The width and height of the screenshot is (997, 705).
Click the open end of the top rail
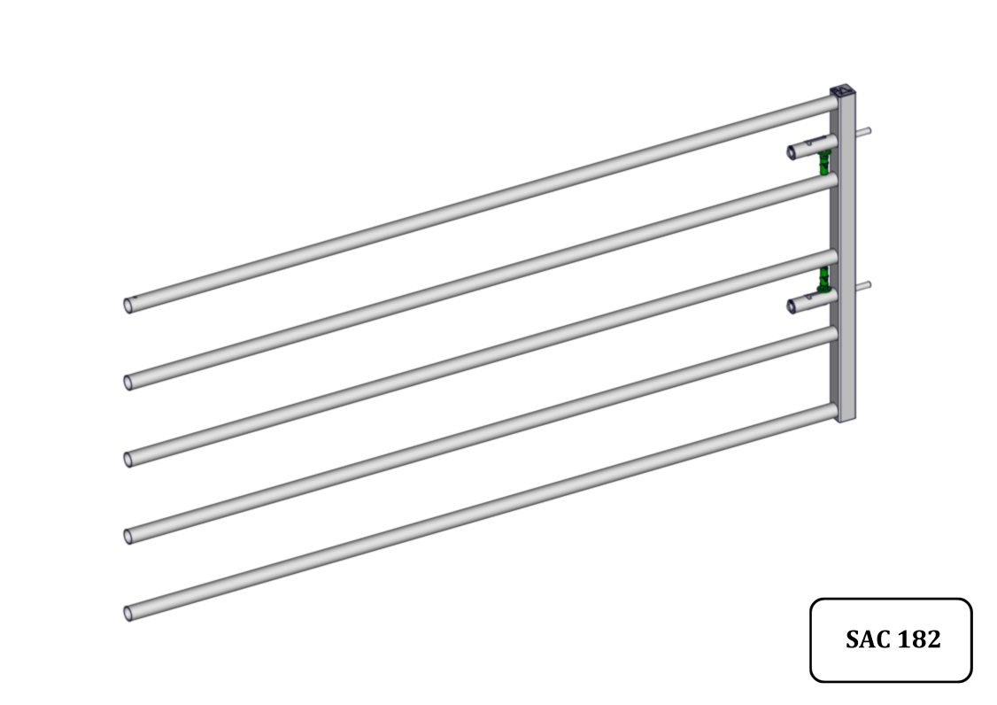coord(128,305)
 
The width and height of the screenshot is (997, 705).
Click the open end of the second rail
coord(128,382)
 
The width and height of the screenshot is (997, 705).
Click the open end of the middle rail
coord(128,459)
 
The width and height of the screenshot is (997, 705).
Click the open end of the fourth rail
coord(128,536)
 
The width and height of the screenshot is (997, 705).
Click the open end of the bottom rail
coord(128,612)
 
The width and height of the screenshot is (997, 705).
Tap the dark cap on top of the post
coord(842,91)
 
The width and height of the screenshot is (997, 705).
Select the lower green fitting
coord(824,279)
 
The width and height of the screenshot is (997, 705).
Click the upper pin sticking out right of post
coord(865,132)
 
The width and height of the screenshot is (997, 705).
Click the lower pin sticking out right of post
coord(865,285)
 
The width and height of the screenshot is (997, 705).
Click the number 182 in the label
coord(918,639)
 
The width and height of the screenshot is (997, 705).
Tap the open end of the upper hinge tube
coord(793,152)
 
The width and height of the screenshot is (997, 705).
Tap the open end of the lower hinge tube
coord(793,306)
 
